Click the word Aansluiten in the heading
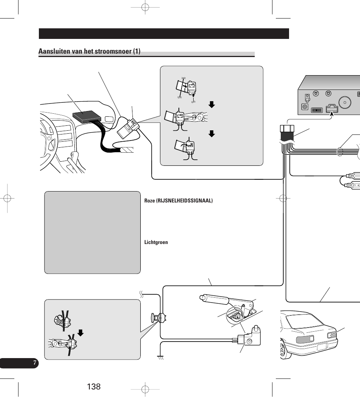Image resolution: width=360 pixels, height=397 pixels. click(53, 51)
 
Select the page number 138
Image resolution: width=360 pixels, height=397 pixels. click(94, 386)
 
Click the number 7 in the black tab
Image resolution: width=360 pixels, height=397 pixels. click(34, 363)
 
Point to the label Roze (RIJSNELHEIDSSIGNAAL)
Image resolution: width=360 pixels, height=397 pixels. click(178, 201)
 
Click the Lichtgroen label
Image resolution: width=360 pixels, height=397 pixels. click(156, 242)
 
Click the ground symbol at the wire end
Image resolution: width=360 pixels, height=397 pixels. click(160, 357)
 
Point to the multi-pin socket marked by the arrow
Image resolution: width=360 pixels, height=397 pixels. click(332, 109)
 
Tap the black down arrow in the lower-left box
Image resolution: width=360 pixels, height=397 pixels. click(80, 333)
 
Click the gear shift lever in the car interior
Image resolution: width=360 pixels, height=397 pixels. click(75, 156)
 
